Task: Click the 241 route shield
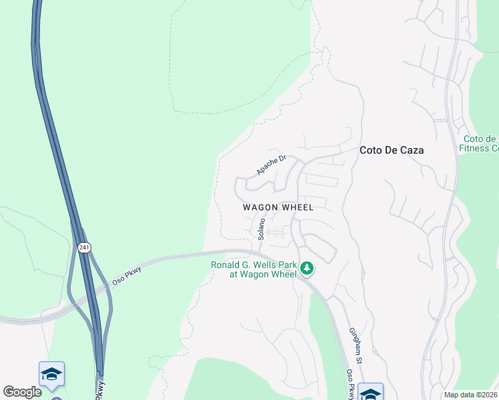tap(83, 247)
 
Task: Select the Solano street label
tap(262, 228)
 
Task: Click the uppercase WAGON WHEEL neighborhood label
tap(278, 207)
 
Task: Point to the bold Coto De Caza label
tap(392, 150)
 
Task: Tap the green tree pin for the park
tap(307, 269)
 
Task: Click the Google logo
tap(22, 391)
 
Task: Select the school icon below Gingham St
tap(370, 393)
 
